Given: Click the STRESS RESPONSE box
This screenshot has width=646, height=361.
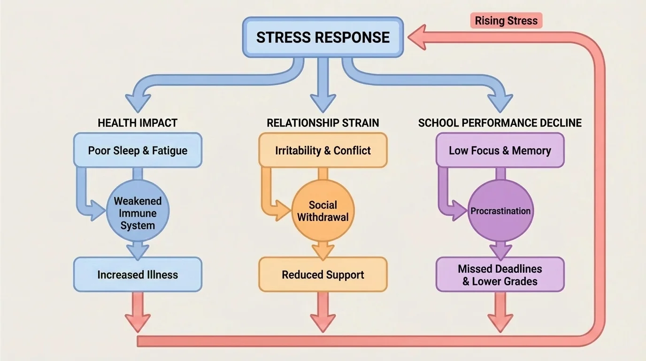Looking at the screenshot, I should click(323, 37).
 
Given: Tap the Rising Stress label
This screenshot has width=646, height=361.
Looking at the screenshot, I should click(506, 21).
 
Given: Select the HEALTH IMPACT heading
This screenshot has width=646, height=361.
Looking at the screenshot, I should click(138, 123).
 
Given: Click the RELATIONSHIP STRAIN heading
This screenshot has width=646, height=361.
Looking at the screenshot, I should click(323, 123).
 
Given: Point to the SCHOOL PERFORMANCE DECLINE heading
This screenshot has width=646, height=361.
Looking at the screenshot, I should click(500, 123).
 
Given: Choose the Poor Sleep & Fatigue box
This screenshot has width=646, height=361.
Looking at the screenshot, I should click(138, 150).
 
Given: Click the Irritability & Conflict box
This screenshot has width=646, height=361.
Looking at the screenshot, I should click(323, 150).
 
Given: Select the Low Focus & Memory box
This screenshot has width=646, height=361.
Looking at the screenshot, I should click(500, 150).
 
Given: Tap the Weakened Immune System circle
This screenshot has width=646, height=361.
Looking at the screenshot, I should click(138, 213).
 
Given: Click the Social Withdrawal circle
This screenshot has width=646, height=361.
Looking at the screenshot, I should click(323, 211).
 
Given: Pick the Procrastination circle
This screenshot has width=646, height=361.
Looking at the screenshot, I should click(500, 211).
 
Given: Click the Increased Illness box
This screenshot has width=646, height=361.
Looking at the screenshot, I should click(138, 275).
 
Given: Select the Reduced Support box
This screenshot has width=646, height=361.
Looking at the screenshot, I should click(323, 275).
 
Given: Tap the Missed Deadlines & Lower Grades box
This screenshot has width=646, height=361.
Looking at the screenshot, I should click(500, 275).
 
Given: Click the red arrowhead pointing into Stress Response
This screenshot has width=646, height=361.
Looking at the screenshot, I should click(417, 38).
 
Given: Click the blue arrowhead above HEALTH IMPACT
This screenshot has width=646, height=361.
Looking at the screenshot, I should click(138, 101).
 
